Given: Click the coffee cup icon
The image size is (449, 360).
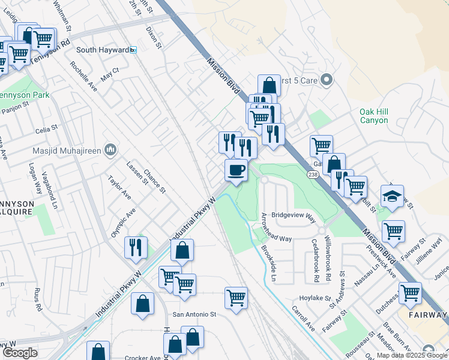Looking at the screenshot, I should point(236,170).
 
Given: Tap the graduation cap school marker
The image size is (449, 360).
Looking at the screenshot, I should point(392,197).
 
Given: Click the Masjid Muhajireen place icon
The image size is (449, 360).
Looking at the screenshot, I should point(110,148).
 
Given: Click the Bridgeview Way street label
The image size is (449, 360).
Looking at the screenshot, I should point(294,214).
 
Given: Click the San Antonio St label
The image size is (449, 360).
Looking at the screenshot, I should point(194,314).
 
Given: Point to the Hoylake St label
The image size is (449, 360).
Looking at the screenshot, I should point(315,298).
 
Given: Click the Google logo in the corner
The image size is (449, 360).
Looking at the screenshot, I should point(20,353).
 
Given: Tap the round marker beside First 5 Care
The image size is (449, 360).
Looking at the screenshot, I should point(327,79).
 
